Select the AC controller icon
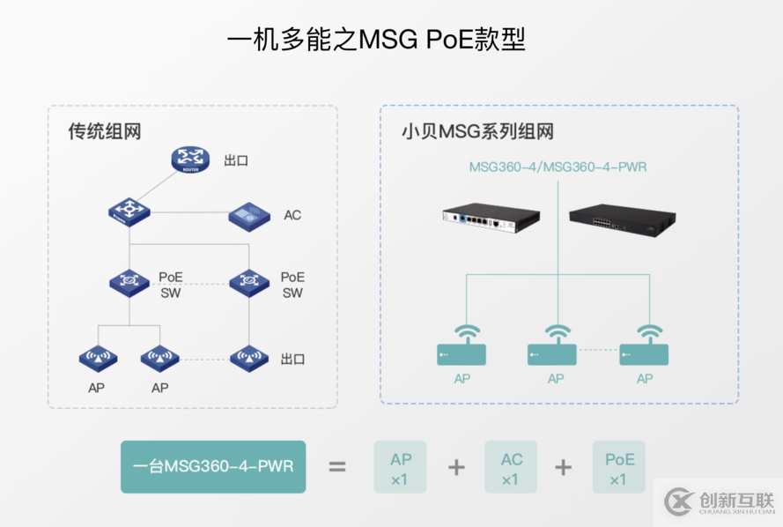click(249, 215)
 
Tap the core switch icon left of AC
click(129, 212)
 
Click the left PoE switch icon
click(129, 282)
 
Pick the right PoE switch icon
click(249, 282)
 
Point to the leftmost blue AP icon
click(98, 358)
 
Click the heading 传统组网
click(105, 131)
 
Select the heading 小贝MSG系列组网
click(477, 132)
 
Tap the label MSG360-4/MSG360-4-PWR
click(558, 166)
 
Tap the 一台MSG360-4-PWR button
click(212, 466)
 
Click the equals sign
click(337, 466)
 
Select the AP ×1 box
click(400, 467)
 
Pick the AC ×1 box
click(511, 467)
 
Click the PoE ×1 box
click(619, 467)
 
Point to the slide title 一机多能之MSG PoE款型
click(376, 41)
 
